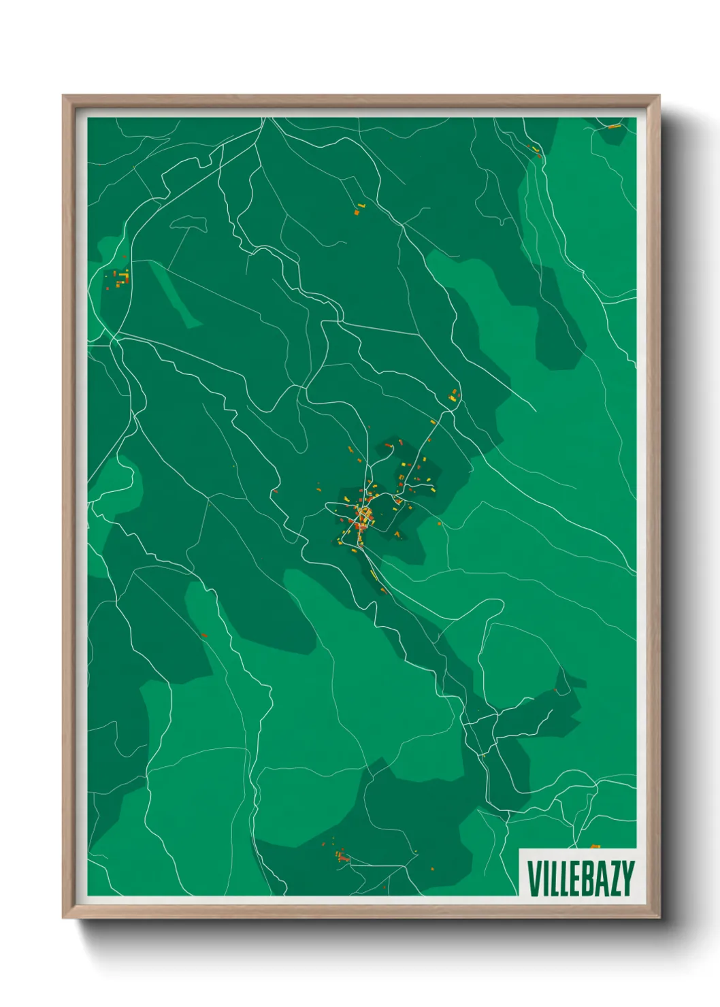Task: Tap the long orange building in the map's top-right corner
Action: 613,127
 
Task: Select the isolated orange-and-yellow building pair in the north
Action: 358,209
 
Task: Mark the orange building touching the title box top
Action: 595,846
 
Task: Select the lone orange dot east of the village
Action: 440,523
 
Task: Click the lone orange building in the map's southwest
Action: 203,635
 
